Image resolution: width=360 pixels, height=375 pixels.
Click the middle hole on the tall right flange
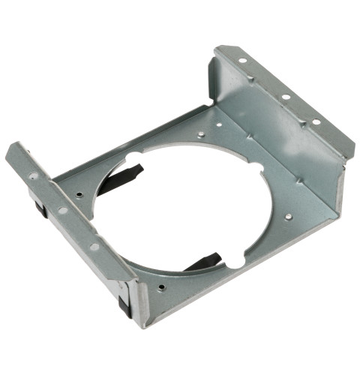[286, 97]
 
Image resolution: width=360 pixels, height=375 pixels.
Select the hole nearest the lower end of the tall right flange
[316, 122]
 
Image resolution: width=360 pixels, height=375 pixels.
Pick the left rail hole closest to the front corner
[94, 245]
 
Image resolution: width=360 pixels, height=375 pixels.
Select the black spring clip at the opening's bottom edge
[202, 262]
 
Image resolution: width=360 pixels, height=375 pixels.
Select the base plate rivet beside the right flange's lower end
[288, 217]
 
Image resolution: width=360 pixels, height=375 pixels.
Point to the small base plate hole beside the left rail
[79, 195]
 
